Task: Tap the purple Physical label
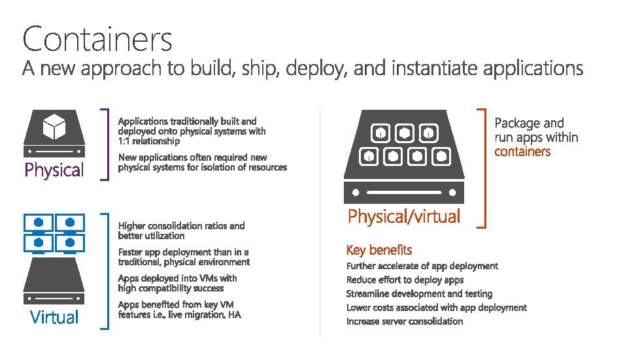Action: [54, 171]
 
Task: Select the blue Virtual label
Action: [54, 318]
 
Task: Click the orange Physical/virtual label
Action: [404, 216]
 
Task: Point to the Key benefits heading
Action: [379, 250]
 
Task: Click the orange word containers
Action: [522, 152]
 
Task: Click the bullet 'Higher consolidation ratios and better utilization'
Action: [181, 231]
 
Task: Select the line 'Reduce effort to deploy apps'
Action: [405, 280]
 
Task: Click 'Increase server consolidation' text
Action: [404, 321]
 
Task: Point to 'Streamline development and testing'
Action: [419, 294]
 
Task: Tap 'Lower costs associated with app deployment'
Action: [436, 308]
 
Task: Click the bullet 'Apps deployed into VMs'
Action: [177, 283]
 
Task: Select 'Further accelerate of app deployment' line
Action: [422, 266]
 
